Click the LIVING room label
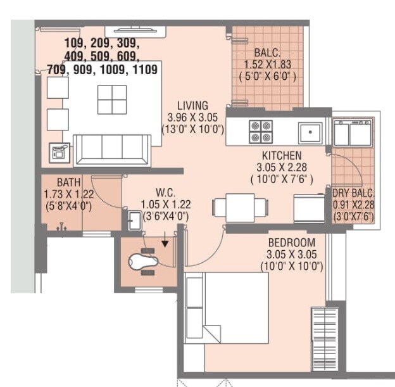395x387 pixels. click(192, 105)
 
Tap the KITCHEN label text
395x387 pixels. click(282, 155)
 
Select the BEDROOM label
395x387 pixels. click(291, 243)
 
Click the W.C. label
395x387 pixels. click(165, 193)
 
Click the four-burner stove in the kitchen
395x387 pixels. click(260, 130)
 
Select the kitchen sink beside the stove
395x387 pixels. click(311, 132)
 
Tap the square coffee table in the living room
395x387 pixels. click(112, 99)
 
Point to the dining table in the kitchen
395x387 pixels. click(240, 207)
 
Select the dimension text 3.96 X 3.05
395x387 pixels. click(192, 117)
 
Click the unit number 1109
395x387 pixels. click(145, 70)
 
